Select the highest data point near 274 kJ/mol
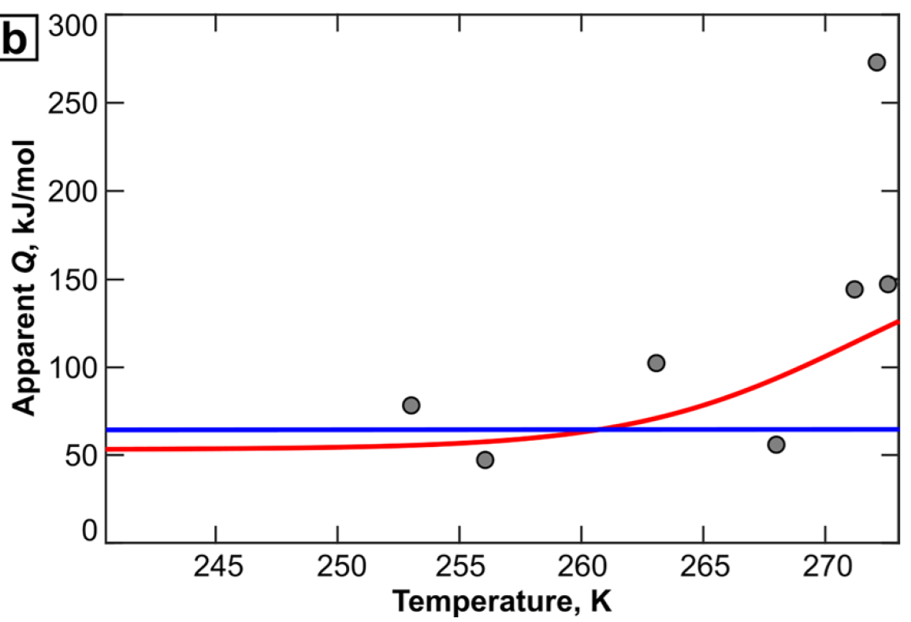(x=876, y=62)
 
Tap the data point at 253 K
(x=411, y=405)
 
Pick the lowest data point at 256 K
(x=485, y=460)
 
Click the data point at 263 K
(x=656, y=363)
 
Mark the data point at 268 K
(x=776, y=445)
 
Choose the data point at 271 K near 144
(x=854, y=289)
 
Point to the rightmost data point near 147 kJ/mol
(x=887, y=284)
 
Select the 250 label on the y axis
(x=73, y=103)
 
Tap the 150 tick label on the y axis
(x=73, y=279)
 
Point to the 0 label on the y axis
(x=88, y=530)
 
